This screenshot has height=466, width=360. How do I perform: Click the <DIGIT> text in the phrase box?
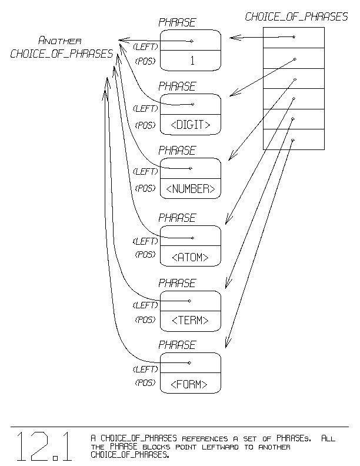(x=190, y=125)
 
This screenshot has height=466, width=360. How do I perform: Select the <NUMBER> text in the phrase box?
(x=190, y=189)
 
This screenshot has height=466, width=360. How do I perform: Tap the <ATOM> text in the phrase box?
(x=190, y=257)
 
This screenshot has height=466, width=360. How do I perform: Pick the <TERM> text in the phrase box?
(x=190, y=321)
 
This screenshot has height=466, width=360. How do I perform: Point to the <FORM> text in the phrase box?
(x=190, y=385)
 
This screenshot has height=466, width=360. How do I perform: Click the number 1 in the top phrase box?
(x=192, y=60)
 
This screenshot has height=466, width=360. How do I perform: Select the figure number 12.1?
(x=45, y=447)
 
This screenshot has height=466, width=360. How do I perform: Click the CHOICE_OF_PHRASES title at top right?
(x=296, y=17)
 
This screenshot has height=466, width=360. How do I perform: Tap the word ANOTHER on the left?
(x=59, y=41)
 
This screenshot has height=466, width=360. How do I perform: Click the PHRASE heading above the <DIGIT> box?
(x=177, y=86)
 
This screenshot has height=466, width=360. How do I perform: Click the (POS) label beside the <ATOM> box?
(x=145, y=255)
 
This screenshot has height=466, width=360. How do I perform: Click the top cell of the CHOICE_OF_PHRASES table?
(x=294, y=38)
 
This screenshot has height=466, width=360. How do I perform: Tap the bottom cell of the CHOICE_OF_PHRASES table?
(x=294, y=139)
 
